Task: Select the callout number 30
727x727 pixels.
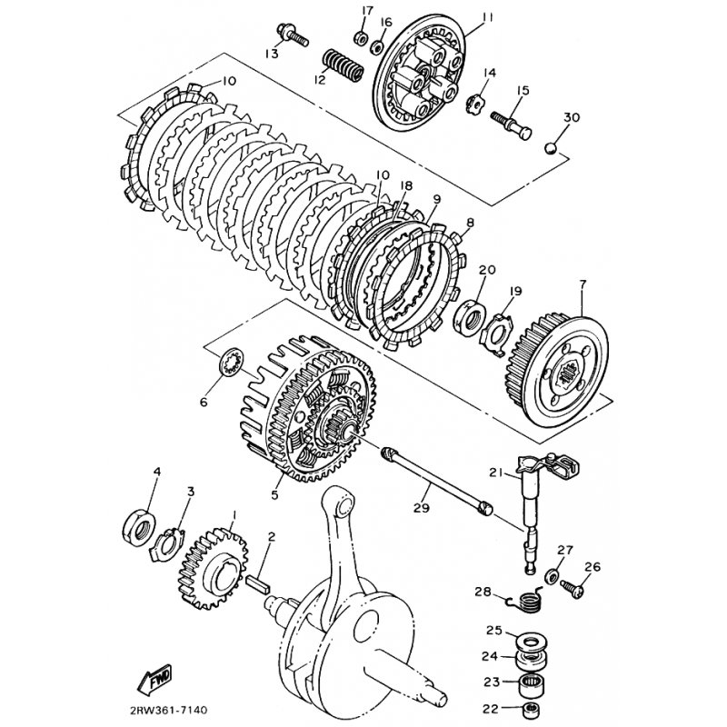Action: [572, 117]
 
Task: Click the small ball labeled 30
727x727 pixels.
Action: [550, 148]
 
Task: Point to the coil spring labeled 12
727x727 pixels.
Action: [344, 66]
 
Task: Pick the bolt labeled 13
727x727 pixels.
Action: [294, 35]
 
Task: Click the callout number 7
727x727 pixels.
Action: [583, 284]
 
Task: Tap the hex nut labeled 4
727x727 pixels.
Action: [138, 525]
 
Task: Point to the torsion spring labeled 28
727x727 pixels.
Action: [526, 602]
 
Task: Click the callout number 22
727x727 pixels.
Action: [491, 709]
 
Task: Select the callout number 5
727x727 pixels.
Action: [275, 495]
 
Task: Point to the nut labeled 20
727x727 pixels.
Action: [470, 316]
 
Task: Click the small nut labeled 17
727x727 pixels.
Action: [361, 38]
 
